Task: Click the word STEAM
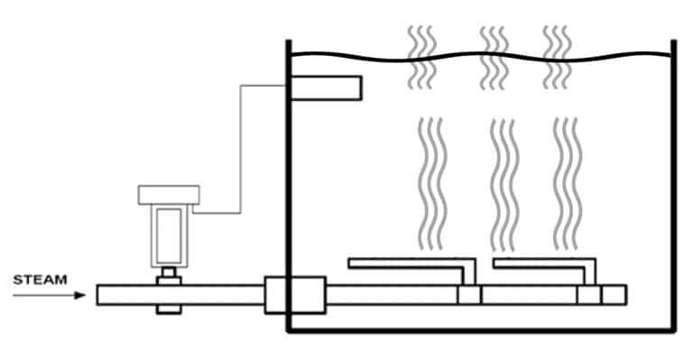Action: click(x=40, y=280)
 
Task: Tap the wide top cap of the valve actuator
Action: click(x=168, y=194)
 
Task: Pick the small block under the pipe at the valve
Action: click(x=168, y=309)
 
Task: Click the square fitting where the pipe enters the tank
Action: click(x=294, y=295)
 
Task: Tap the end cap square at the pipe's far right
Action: click(x=614, y=295)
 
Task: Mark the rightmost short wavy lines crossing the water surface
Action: click(x=556, y=57)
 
